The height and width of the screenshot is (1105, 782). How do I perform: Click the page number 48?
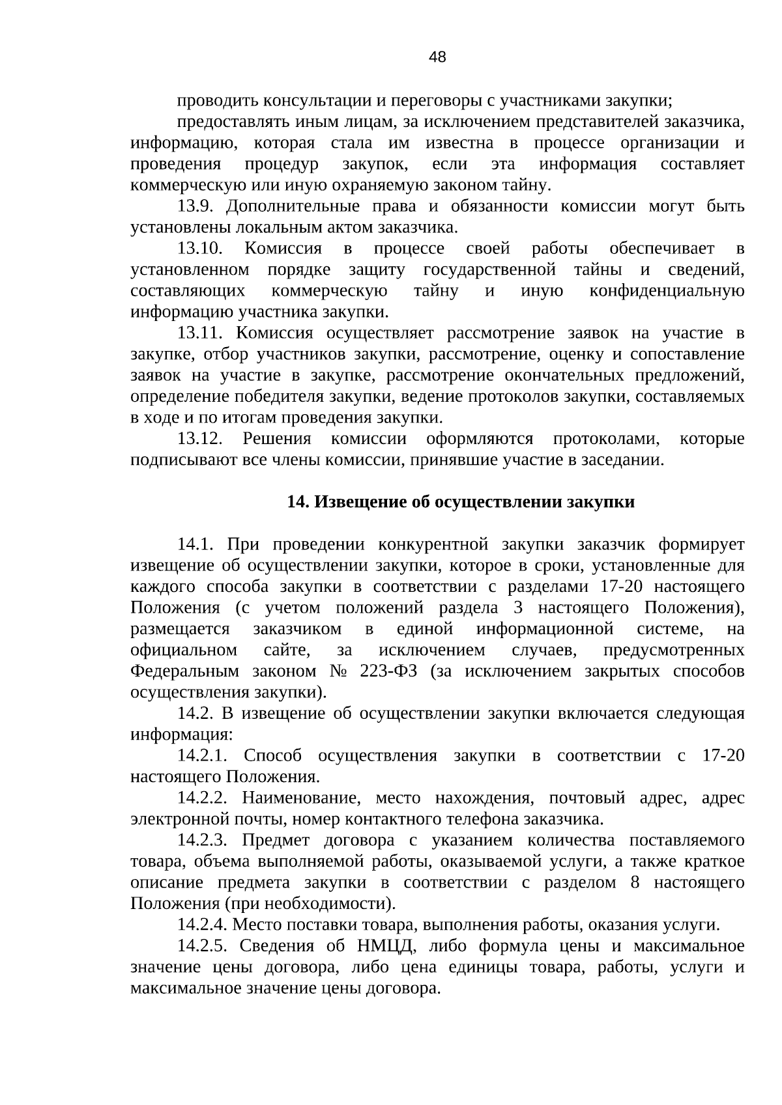(437, 58)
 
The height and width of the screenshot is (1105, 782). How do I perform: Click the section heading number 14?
(298, 502)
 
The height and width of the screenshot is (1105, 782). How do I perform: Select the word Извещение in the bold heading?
(349, 502)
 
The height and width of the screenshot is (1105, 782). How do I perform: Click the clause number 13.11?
(200, 333)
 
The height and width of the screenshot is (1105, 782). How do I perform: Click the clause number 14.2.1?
(202, 755)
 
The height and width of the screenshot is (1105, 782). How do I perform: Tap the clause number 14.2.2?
(202, 798)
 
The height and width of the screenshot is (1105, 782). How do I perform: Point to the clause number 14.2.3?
(202, 840)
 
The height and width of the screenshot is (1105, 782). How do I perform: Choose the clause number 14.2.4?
(202, 925)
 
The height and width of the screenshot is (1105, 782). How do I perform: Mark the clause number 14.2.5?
(202, 945)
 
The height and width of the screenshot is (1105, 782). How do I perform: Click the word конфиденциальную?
(667, 291)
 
